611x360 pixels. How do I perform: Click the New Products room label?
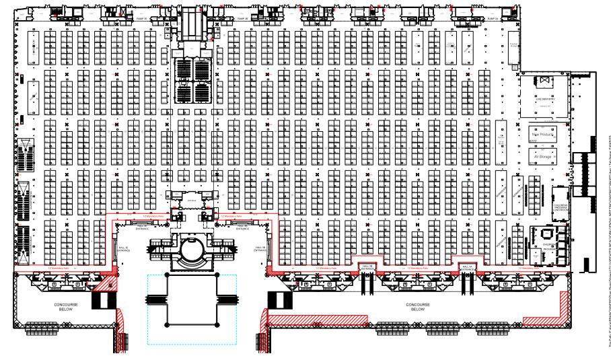coord(542,135)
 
